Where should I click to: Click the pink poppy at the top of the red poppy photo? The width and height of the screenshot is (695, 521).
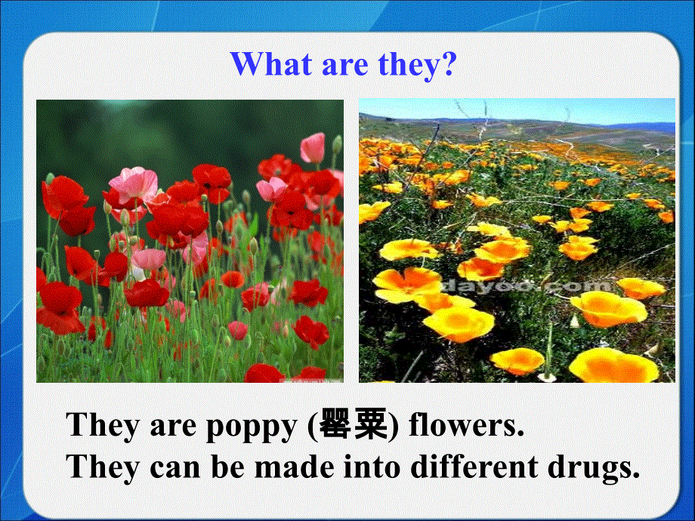pyautogui.click(x=312, y=147)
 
